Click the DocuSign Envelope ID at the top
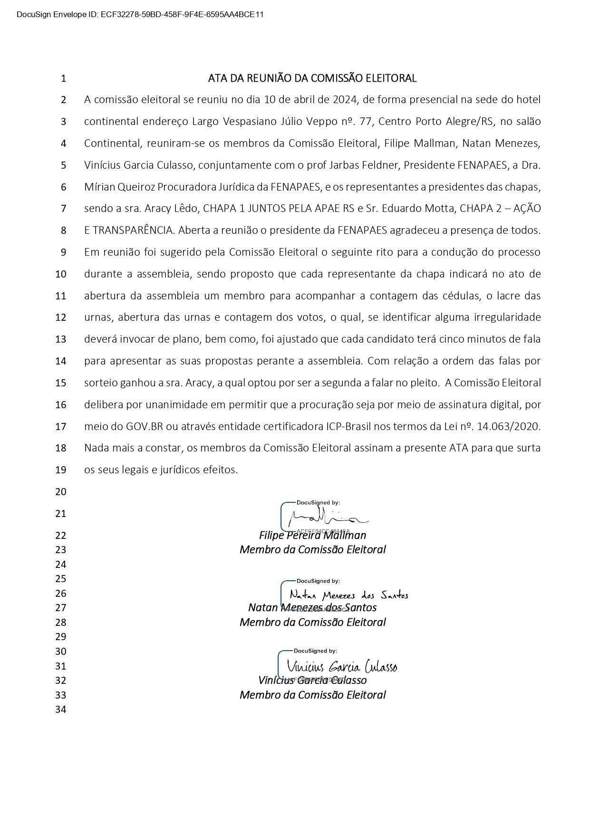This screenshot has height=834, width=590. tap(140, 15)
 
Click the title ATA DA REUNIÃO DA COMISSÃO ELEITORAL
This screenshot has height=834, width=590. tap(312, 78)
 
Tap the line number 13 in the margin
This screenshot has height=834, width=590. tap(61, 339)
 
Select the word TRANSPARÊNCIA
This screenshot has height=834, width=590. tap(133, 230)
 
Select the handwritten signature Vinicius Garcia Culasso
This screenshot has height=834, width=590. tap(342, 666)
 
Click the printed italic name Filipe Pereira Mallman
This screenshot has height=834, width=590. tap(312, 536)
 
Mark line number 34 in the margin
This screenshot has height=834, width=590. tap(61, 709)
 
